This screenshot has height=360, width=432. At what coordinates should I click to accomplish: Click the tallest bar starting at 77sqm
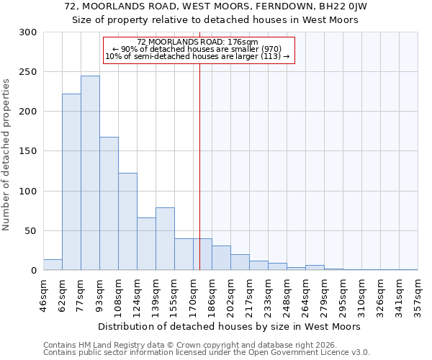[90, 173]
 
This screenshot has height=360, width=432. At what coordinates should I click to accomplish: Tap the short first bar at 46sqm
[53, 265]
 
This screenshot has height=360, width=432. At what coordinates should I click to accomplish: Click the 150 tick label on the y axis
[27, 152]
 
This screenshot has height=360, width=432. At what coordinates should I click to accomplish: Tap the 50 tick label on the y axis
[30, 231]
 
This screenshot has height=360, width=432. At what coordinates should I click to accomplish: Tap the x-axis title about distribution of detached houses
[229, 326]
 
